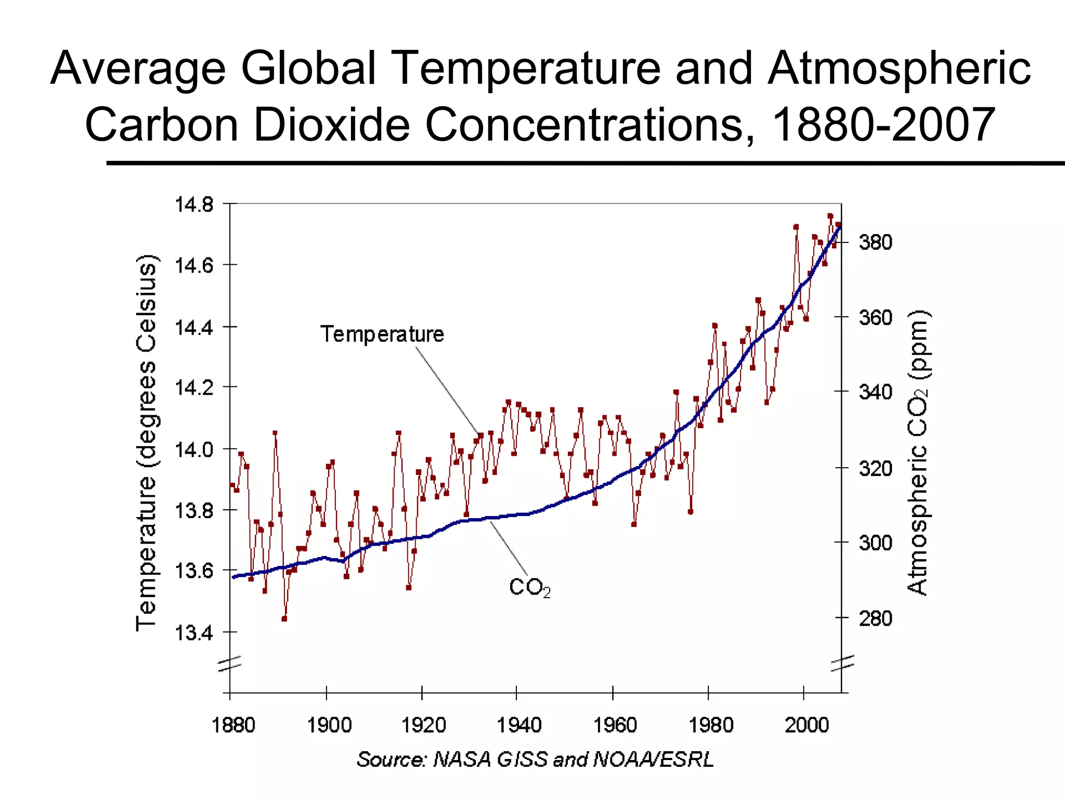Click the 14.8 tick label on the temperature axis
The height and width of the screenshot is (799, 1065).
pyautogui.click(x=194, y=205)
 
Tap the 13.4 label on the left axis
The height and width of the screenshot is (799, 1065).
pyautogui.click(x=194, y=633)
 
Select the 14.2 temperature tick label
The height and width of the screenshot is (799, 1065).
pyautogui.click(x=194, y=388)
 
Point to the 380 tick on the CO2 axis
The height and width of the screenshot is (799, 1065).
pyautogui.click(x=875, y=242)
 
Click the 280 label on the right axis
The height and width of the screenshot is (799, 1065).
pyautogui.click(x=875, y=618)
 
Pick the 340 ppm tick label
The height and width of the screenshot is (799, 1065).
pyautogui.click(x=875, y=392)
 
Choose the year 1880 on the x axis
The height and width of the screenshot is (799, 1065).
pyautogui.click(x=233, y=725)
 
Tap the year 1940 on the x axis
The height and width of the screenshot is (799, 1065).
pyautogui.click(x=519, y=725)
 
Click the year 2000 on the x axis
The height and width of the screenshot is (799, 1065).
pyautogui.click(x=806, y=725)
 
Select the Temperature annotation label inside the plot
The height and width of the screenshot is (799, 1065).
pyautogui.click(x=382, y=334)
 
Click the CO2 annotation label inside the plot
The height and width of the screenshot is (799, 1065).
pyautogui.click(x=529, y=588)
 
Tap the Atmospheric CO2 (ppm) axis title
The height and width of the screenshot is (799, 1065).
pyautogui.click(x=918, y=453)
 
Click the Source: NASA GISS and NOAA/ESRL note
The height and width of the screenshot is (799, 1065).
pyautogui.click(x=535, y=759)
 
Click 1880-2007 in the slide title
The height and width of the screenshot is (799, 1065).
pyautogui.click(x=882, y=125)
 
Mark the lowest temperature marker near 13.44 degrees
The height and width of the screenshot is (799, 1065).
pyautogui.click(x=284, y=618)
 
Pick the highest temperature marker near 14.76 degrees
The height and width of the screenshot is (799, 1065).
pyautogui.click(x=830, y=216)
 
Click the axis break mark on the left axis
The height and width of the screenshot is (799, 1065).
pyautogui.click(x=229, y=664)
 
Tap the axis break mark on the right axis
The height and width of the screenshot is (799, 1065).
pyautogui.click(x=842, y=663)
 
